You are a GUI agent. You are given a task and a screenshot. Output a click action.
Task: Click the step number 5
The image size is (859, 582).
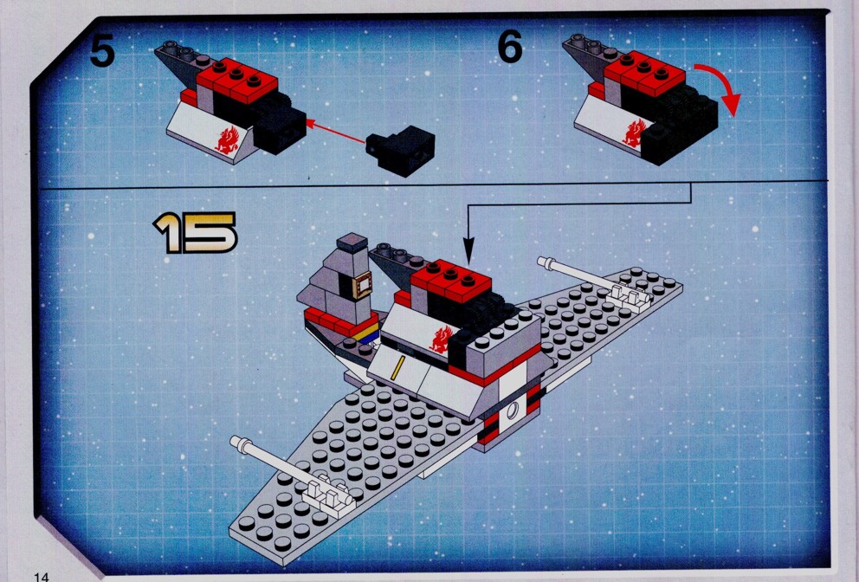click(102, 50)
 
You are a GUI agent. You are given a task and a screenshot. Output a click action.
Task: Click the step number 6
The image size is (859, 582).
click(510, 47)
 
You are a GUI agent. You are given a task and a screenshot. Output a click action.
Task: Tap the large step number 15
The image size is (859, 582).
click(196, 233)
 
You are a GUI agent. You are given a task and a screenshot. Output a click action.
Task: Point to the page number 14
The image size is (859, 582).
click(41, 577)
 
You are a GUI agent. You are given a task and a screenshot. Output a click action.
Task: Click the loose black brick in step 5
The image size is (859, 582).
click(400, 150)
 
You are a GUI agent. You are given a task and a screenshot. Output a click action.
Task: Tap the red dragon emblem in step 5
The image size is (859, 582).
click(228, 139)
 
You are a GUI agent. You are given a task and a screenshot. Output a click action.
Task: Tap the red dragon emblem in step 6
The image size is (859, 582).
click(635, 133)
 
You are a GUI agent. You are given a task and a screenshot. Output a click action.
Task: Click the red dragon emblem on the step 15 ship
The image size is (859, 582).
click(442, 339)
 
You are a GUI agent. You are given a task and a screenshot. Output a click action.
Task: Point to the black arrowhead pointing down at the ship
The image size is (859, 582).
click(468, 253)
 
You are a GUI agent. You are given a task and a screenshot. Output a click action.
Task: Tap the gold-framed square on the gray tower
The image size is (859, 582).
click(362, 286)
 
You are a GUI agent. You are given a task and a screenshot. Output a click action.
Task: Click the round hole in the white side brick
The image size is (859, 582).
click(513, 410)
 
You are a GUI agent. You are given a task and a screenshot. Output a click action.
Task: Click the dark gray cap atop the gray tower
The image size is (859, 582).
click(352, 242)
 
